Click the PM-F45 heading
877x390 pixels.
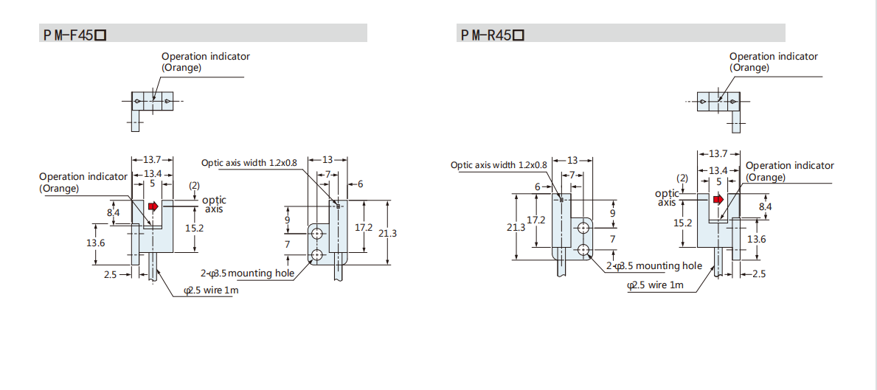75,35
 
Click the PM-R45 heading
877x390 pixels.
493,35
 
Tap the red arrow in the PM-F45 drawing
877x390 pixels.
153,206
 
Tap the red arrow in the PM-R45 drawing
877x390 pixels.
718,200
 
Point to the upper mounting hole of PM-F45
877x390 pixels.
318,233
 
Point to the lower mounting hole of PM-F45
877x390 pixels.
318,255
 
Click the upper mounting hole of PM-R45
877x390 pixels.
584,227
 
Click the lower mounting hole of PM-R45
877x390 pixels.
584,250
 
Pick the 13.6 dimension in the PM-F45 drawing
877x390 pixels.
95,243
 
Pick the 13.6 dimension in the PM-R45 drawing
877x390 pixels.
757,239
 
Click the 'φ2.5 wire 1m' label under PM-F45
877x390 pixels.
212,290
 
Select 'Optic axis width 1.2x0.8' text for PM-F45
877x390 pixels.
249,163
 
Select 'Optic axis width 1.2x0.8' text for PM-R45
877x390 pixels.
499,165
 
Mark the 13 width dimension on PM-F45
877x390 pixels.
327,160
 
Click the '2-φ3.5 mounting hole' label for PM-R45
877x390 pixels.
654,267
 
